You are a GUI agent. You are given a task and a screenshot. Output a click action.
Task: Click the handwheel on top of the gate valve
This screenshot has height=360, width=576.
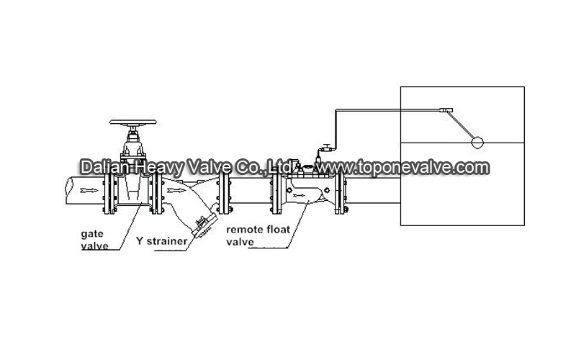[x=133, y=122]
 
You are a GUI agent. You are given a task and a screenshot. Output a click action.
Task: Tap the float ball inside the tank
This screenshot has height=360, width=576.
[x=477, y=142]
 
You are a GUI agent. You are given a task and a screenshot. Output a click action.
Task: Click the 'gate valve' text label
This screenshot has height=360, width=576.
[x=94, y=240]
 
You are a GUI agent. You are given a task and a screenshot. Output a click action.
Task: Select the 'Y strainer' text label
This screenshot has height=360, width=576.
[x=161, y=241]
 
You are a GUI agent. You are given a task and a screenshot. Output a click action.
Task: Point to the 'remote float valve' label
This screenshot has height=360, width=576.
[x=258, y=235]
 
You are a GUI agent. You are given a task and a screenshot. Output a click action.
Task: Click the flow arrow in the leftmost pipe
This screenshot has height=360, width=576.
[x=89, y=190]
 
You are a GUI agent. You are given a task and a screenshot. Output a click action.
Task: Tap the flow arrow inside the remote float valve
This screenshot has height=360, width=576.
[x=299, y=195]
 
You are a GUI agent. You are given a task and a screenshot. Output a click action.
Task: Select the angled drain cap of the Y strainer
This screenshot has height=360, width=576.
[x=205, y=226]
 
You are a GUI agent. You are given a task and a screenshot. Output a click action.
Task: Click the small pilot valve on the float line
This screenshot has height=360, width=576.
[x=326, y=148]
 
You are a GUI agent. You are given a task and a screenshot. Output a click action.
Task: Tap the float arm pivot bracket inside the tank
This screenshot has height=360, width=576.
[x=446, y=110]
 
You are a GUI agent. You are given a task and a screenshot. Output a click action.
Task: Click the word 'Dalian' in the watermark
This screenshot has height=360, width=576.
[x=104, y=167]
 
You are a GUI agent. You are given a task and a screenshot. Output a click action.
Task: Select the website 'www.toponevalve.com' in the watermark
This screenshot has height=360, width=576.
[x=403, y=167]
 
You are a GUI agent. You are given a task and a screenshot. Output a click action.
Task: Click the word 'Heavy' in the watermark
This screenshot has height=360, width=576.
[x=158, y=168]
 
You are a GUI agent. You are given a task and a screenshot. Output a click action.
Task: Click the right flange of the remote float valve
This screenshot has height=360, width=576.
[x=341, y=192]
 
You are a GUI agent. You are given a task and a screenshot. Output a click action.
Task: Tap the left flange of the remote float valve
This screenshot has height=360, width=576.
[x=276, y=192]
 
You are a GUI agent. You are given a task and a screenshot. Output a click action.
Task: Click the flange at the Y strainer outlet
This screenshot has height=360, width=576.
[x=224, y=192]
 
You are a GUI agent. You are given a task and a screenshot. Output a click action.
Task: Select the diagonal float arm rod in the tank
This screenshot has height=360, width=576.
[x=460, y=125]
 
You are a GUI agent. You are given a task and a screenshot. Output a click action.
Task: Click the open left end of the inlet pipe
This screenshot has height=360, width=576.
[x=68, y=190]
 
